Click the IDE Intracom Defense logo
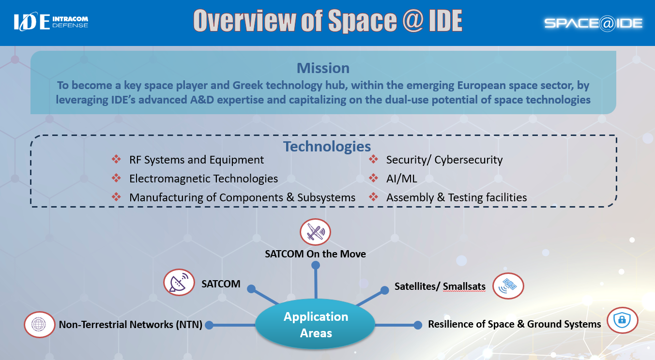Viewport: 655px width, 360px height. pos(51,22)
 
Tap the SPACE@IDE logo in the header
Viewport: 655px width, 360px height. pos(593,23)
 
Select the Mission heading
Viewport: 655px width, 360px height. pos(323,68)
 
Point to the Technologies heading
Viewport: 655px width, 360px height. pos(327,146)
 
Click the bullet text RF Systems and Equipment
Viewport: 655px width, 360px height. pos(196,160)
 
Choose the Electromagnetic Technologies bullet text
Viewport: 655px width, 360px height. pos(203,179)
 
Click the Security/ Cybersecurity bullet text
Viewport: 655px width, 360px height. pos(444,160)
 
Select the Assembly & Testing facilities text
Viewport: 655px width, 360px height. pos(456,197)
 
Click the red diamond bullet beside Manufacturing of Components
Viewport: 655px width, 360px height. pos(116,197)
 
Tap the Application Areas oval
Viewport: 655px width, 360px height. pos(316,325)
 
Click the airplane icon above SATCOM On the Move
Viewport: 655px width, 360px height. pos(315,232)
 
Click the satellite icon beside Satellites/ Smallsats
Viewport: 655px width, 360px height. pos(508,286)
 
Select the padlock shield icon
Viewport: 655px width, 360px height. pos(622,320)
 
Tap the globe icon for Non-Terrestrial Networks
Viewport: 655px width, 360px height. pos(39,324)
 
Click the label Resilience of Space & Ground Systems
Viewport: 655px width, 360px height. pos(514,324)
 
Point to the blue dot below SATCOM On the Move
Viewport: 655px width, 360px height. pos(316,265)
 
